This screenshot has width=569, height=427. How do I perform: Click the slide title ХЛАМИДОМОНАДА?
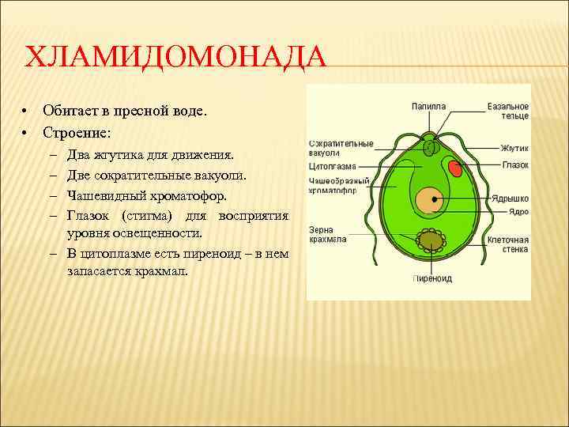[x=175, y=59]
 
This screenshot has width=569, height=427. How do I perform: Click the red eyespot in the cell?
[x=456, y=168]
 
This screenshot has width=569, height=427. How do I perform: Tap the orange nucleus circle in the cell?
[x=430, y=200]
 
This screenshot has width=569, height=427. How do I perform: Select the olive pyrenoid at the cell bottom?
[x=431, y=240]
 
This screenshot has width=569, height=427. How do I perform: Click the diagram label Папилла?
[x=428, y=106]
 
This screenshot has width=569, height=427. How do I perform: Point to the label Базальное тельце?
[x=507, y=111]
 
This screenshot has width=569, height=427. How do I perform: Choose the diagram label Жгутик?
[x=514, y=148]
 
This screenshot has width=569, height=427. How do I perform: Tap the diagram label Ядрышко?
[x=511, y=198]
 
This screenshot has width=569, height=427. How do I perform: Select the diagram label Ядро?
[x=518, y=212]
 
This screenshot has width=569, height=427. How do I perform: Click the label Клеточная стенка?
[x=507, y=244]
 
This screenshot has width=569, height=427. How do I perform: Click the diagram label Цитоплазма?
[x=332, y=167]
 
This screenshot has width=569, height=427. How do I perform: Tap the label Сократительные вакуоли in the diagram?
[x=340, y=148]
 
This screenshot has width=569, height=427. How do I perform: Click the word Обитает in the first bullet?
[x=70, y=111]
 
